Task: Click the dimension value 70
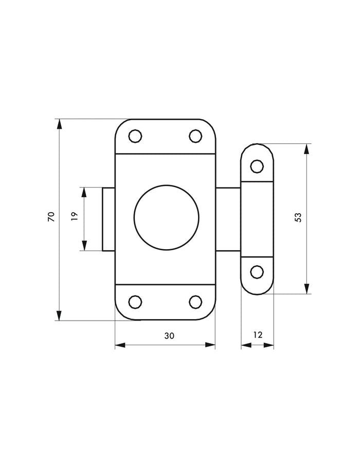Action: pos(51,216)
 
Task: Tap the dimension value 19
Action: pos(75,216)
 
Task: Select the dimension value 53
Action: pos(298,217)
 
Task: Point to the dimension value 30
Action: pos(169,336)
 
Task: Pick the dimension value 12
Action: pos(258,335)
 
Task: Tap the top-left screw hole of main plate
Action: pos(135,136)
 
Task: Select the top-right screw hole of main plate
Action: pos(195,136)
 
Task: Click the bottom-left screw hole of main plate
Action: pos(135,302)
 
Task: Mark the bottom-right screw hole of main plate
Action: pos(195,302)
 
